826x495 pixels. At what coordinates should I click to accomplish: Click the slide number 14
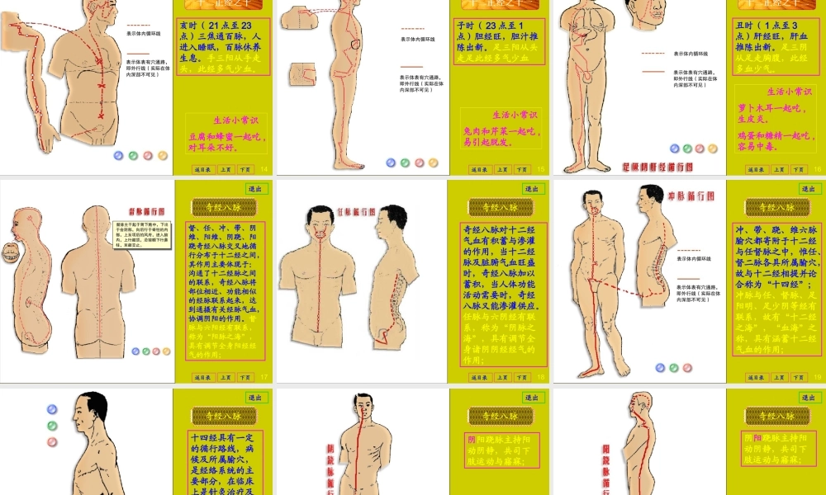tap(264, 170)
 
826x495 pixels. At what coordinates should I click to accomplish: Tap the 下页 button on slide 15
tap(522, 170)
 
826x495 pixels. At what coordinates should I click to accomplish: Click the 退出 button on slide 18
tap(533, 189)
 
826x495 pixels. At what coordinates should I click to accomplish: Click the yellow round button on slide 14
tap(163, 155)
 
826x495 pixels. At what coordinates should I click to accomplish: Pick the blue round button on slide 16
tap(674, 148)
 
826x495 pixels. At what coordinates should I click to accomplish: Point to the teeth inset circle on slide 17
tap(12, 249)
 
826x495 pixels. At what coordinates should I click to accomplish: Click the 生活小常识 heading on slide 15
tap(514, 115)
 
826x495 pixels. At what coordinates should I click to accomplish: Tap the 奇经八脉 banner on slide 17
tap(222, 208)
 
